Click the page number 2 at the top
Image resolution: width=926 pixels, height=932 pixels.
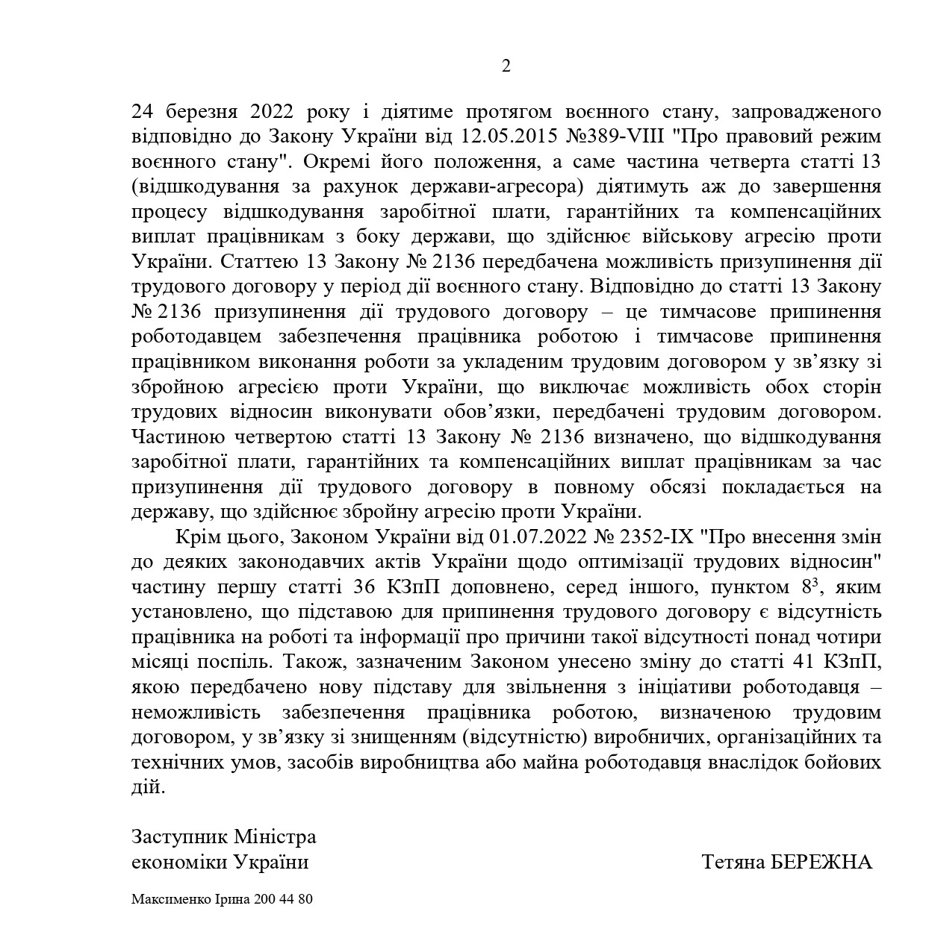tap(506, 66)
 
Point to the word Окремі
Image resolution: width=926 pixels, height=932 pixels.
tap(341, 162)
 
